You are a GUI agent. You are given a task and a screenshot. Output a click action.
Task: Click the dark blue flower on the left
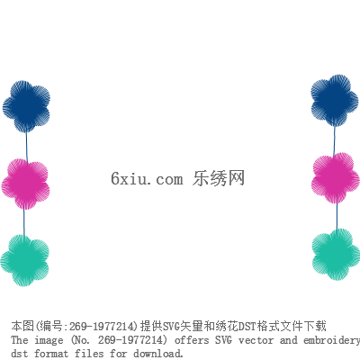click(x=26, y=106)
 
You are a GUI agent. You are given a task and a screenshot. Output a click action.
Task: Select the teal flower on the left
click(x=24, y=260)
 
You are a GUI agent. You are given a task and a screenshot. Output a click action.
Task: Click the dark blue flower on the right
click(x=335, y=101)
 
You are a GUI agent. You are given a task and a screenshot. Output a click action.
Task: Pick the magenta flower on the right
click(x=336, y=178)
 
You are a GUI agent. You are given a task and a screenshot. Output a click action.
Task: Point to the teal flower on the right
click(x=336, y=255)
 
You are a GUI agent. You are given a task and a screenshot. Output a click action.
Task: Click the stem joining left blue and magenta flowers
click(x=26, y=147)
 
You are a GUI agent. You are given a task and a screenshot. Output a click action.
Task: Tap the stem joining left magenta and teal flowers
click(x=24, y=222)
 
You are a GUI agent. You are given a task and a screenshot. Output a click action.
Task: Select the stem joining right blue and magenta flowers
click(x=335, y=141)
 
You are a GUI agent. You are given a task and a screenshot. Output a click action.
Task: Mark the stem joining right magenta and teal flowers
click(x=337, y=217)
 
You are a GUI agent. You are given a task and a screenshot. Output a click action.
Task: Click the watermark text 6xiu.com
click(x=147, y=178)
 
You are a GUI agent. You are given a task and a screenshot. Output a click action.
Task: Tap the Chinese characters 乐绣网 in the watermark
click(x=219, y=178)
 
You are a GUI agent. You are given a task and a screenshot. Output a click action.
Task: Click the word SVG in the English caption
click(x=223, y=340)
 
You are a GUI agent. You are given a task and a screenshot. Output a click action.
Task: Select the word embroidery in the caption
click(x=332, y=341)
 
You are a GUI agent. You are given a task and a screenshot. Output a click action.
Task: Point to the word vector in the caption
click(x=256, y=340)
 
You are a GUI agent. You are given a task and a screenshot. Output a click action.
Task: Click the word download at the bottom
click(x=158, y=353)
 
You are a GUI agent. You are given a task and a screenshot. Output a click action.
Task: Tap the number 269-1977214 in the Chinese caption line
click(x=101, y=327)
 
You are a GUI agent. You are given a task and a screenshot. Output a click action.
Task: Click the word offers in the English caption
click(x=192, y=340)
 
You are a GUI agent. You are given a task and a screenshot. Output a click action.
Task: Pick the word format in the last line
click(x=51, y=353)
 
